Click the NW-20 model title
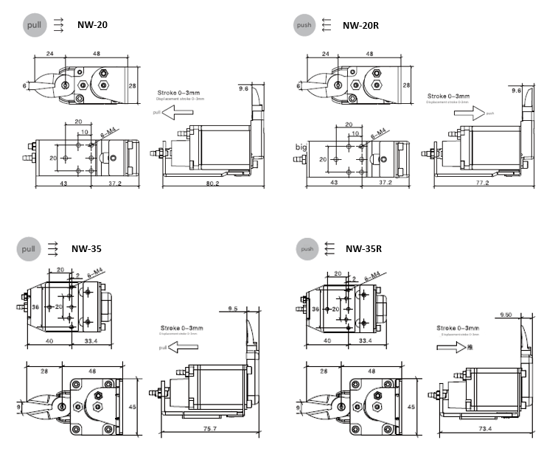tap(93, 26)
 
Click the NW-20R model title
tap(360, 26)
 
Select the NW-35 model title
tap(86, 248)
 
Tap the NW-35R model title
tap(363, 248)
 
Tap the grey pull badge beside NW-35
tap(29, 249)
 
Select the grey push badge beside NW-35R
tap(307, 249)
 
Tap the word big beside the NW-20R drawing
tap(301, 147)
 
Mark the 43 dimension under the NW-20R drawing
tap(334, 182)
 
